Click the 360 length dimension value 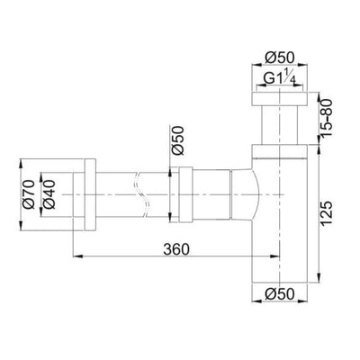[x=176, y=248]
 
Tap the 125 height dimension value [x=327, y=213]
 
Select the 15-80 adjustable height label [x=327, y=118]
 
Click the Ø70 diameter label [x=30, y=194]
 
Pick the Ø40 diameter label [x=49, y=194]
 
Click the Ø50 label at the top [x=280, y=58]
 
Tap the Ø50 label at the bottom [x=280, y=294]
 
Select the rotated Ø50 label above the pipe [x=177, y=140]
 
